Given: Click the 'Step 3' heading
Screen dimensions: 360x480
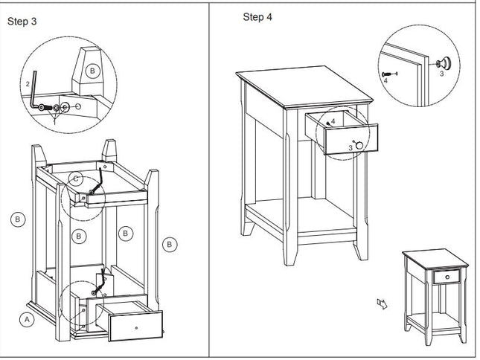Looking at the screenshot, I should point(22,21).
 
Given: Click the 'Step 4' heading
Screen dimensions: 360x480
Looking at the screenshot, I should point(257,17).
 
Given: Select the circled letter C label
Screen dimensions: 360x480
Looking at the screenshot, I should point(76,179).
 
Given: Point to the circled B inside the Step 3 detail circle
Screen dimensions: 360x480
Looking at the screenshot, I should point(92,71).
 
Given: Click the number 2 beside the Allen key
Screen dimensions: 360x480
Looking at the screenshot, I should point(28,84).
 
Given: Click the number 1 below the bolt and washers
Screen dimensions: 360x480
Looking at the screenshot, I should point(56,120).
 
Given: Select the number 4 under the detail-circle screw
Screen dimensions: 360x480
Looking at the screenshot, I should point(386,80).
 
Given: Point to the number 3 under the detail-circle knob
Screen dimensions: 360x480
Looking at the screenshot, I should point(441,74).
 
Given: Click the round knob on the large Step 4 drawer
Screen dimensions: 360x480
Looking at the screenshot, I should point(359,145).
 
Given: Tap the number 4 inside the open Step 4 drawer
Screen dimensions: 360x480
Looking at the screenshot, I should point(333,120).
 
